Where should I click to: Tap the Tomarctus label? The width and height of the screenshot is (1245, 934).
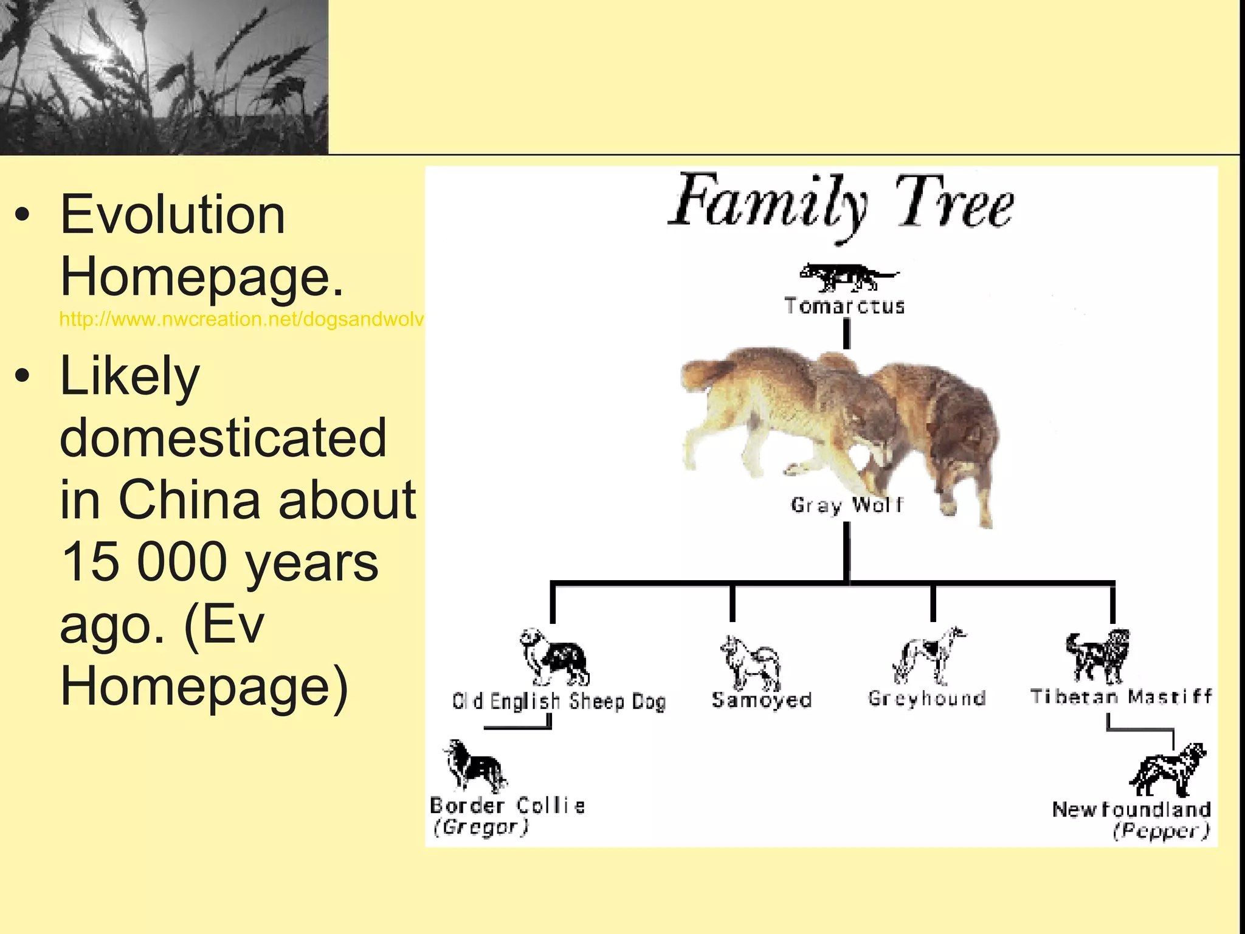(844, 306)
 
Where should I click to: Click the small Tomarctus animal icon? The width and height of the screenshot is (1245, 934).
(847, 277)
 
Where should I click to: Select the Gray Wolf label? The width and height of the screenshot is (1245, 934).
(847, 505)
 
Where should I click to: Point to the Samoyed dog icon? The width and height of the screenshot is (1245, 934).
(751, 662)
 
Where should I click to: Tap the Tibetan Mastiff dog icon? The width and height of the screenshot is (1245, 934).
(1098, 657)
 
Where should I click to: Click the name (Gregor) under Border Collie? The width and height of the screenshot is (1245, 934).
(480, 828)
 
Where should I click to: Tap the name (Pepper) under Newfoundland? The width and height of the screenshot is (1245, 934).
(1161, 831)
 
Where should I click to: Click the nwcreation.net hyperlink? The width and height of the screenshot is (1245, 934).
(241, 319)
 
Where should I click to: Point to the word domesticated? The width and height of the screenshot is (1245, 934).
(223, 437)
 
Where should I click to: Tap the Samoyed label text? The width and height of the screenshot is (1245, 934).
(762, 700)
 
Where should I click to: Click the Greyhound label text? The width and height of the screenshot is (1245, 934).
(926, 698)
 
